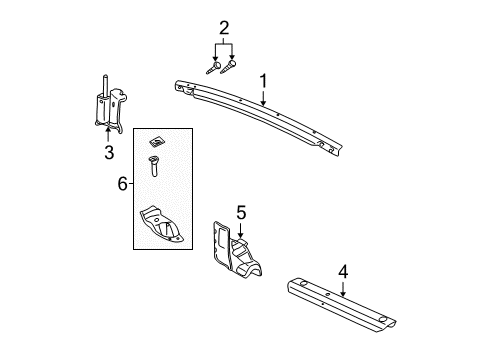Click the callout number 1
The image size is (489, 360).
click(x=264, y=79)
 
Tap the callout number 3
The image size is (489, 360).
click(x=109, y=152)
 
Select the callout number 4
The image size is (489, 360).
click(x=343, y=269)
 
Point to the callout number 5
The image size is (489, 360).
click(x=240, y=214)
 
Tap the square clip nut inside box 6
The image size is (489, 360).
click(x=156, y=140)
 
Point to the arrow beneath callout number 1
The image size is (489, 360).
click(x=264, y=96)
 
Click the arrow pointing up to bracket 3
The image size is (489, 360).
click(x=108, y=134)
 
